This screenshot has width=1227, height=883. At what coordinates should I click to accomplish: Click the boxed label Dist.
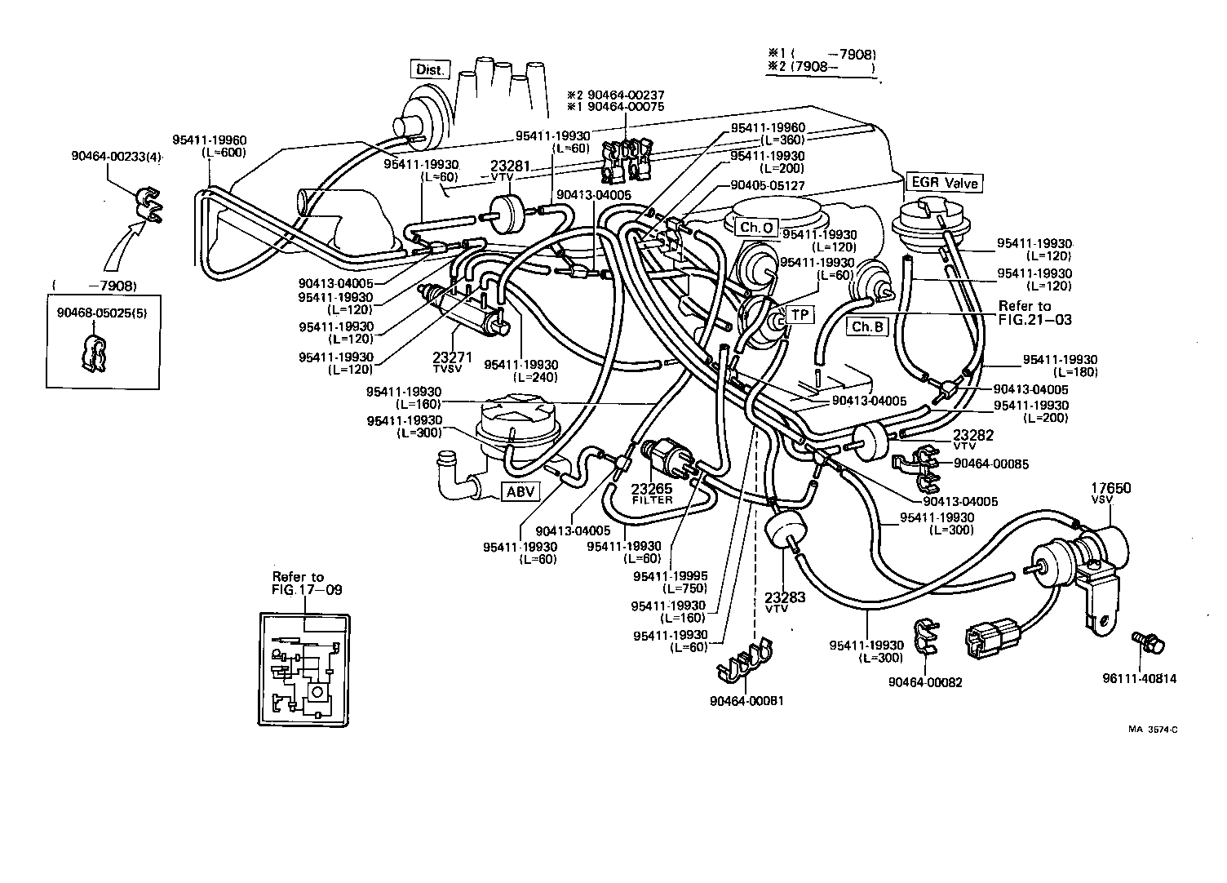[430, 69]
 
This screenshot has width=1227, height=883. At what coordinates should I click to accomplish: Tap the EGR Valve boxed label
[943, 183]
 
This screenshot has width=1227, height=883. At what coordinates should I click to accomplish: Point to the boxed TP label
[800, 314]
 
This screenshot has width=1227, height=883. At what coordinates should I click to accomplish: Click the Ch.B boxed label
[866, 326]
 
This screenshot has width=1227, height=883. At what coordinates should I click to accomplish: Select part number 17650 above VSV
[1111, 488]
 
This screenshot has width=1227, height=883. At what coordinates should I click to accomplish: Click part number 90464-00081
[746, 700]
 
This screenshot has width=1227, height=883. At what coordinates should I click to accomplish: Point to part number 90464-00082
[925, 681]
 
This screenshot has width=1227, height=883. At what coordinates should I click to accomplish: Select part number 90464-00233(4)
[117, 157]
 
